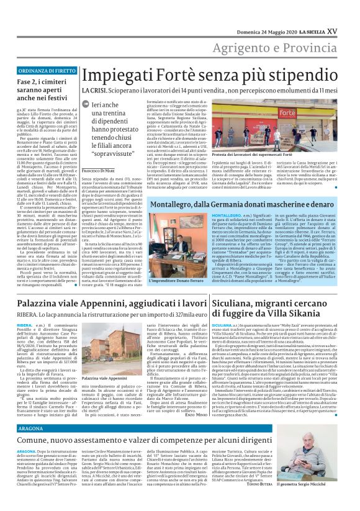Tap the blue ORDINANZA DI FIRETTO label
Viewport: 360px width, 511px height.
pos(42,71)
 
